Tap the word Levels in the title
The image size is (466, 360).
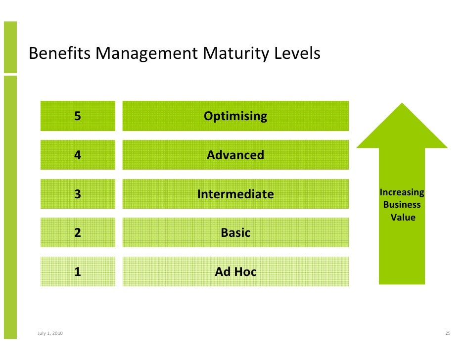point(298,53)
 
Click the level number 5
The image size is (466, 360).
point(78,116)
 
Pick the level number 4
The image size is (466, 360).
point(78,155)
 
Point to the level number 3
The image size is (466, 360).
point(78,194)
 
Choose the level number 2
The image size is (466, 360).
point(78,232)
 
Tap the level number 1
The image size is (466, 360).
point(78,271)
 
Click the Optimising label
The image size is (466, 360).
point(235,116)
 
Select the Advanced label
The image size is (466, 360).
point(235,155)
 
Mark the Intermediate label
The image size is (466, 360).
point(235,194)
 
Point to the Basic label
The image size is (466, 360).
point(235,232)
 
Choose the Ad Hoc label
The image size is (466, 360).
point(235,271)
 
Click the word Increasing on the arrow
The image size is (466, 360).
point(402,192)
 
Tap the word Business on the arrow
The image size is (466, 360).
point(402,205)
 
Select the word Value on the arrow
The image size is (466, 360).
point(403,217)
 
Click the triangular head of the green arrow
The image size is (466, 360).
point(402,131)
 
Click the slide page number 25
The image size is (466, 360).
point(448,334)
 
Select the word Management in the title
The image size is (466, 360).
point(146,53)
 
